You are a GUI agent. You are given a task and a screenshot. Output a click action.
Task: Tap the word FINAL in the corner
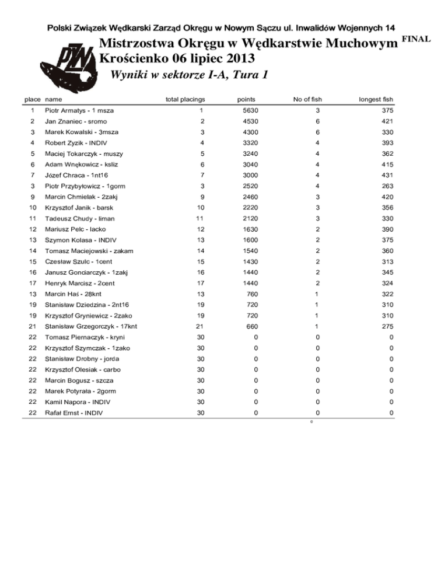coord(415,39)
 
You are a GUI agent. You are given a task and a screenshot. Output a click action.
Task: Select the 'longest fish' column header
coord(374,100)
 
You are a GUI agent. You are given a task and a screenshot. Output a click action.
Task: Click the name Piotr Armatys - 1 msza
coord(79,111)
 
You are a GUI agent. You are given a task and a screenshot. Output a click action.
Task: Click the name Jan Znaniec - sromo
coord(76,121)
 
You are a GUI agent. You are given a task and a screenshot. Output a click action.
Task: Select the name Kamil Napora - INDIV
coord(78,403)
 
